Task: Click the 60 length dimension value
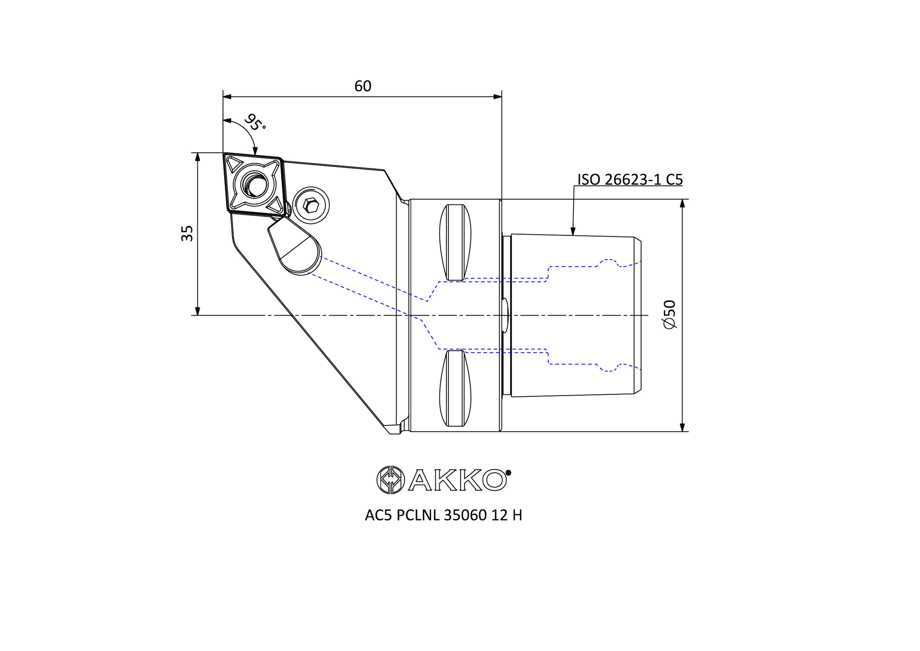point(363,86)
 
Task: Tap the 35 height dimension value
point(187,233)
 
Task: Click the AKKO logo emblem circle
point(390,480)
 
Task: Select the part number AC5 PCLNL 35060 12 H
point(443,516)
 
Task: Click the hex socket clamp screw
point(311,205)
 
